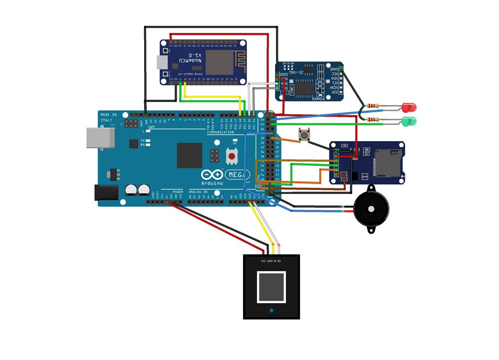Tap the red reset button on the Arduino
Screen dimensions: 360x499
[232, 157]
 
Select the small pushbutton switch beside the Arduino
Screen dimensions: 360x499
[303, 135]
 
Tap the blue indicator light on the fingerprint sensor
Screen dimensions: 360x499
[271, 310]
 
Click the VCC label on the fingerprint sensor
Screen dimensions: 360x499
[263, 261]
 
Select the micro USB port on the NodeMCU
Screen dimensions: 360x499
[162, 62]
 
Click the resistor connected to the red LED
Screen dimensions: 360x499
[373, 106]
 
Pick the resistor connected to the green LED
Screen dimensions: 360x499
[373, 120]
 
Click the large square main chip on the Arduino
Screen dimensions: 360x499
[190, 156]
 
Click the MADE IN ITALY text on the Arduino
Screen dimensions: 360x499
[108, 118]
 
